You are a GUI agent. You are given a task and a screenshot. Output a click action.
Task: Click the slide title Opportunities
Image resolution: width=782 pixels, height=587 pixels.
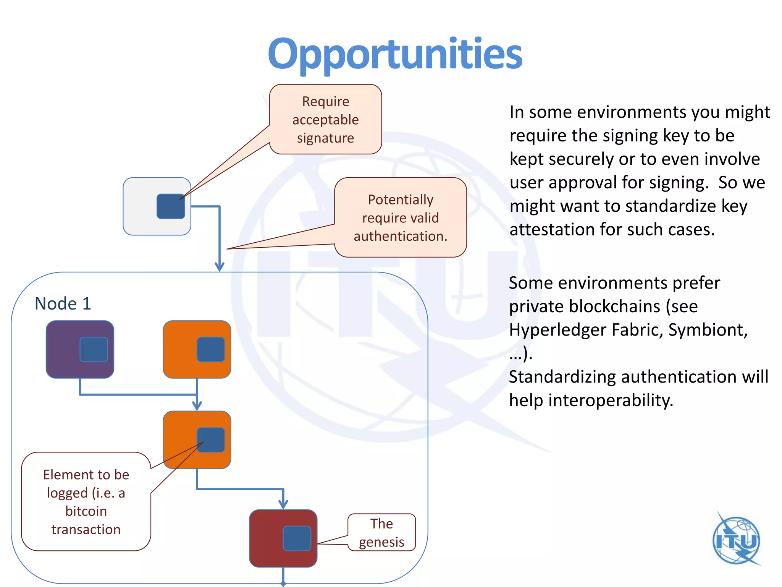click(395, 54)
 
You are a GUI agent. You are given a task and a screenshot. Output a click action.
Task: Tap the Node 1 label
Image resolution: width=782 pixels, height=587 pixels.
click(63, 304)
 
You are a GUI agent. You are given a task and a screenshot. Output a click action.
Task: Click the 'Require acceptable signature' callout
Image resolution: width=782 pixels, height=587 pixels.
click(325, 120)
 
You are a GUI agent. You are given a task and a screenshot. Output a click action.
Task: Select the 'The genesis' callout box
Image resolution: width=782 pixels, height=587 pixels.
click(381, 533)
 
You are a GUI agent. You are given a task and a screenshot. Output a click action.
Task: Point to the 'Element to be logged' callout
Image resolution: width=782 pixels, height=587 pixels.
click(86, 502)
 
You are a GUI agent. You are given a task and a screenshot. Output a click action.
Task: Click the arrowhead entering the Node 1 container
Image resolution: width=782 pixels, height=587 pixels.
click(220, 266)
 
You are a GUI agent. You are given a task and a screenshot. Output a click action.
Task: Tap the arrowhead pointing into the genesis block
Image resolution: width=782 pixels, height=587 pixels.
click(283, 504)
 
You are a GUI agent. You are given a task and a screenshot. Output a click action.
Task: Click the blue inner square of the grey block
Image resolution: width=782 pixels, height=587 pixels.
click(171, 206)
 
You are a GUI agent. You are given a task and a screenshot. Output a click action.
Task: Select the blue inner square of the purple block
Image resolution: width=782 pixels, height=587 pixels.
click(94, 349)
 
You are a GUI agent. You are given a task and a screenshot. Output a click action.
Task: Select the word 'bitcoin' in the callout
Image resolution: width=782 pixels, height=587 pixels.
click(86, 511)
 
